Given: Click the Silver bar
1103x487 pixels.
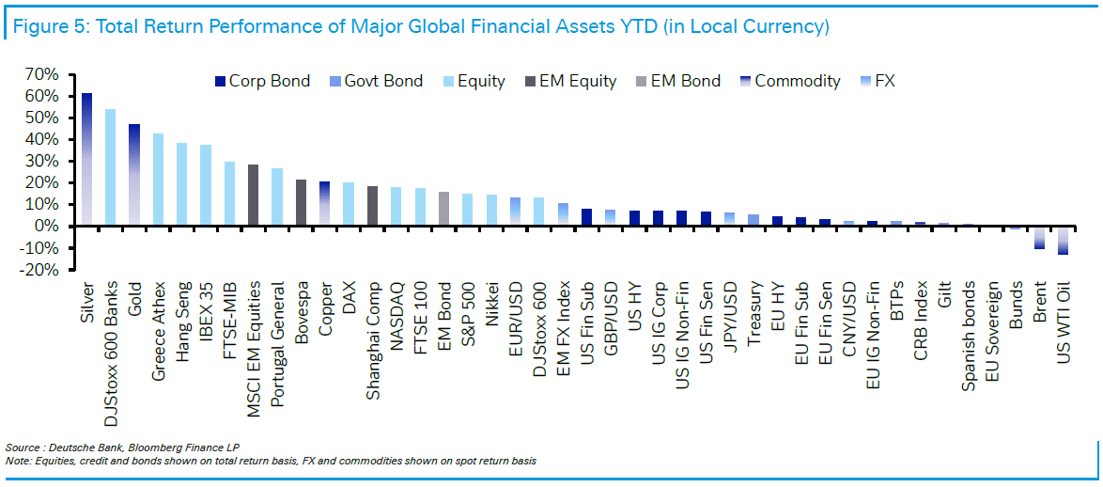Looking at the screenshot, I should pyautogui.click(x=86, y=160).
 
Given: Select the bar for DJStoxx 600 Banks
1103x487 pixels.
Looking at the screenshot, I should pyautogui.click(x=110, y=167).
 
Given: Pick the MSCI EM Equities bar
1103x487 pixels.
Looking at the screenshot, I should pyautogui.click(x=253, y=195).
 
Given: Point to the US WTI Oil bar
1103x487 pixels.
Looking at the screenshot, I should pyautogui.click(x=1064, y=240).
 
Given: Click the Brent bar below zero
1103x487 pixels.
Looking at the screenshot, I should pyautogui.click(x=1039, y=237).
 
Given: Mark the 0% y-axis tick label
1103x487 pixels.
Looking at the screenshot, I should pyautogui.click(x=49, y=227).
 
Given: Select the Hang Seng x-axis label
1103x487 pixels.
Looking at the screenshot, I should pyautogui.click(x=182, y=306).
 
